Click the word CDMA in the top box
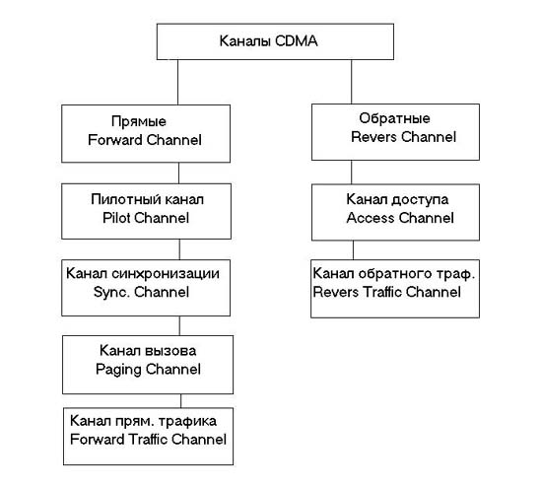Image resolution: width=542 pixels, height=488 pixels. coord(297,41)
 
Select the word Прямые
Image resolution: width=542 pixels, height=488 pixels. coord(139,121)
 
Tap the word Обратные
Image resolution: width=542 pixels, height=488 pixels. coord(394,118)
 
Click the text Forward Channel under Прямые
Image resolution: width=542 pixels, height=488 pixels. coord(145,140)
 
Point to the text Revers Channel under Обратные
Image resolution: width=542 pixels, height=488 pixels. coord(403,137)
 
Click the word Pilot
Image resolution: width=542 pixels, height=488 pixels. coord(116,218)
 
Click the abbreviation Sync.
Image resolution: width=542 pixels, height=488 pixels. coord(111,292)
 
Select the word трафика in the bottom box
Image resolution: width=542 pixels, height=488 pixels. coord(187,421)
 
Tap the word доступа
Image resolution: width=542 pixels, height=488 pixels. coord(420,200)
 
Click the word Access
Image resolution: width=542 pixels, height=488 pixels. coord(371,218)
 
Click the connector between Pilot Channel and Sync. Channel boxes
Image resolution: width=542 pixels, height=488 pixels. coord(179,249)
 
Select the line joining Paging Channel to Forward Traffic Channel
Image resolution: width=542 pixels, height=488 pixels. coord(180,401)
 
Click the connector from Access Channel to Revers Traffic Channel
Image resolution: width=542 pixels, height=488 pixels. coord(353,250)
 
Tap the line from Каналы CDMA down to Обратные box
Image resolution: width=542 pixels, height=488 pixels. coord(352,82)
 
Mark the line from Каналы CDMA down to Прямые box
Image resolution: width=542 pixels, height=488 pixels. coord(178,82)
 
